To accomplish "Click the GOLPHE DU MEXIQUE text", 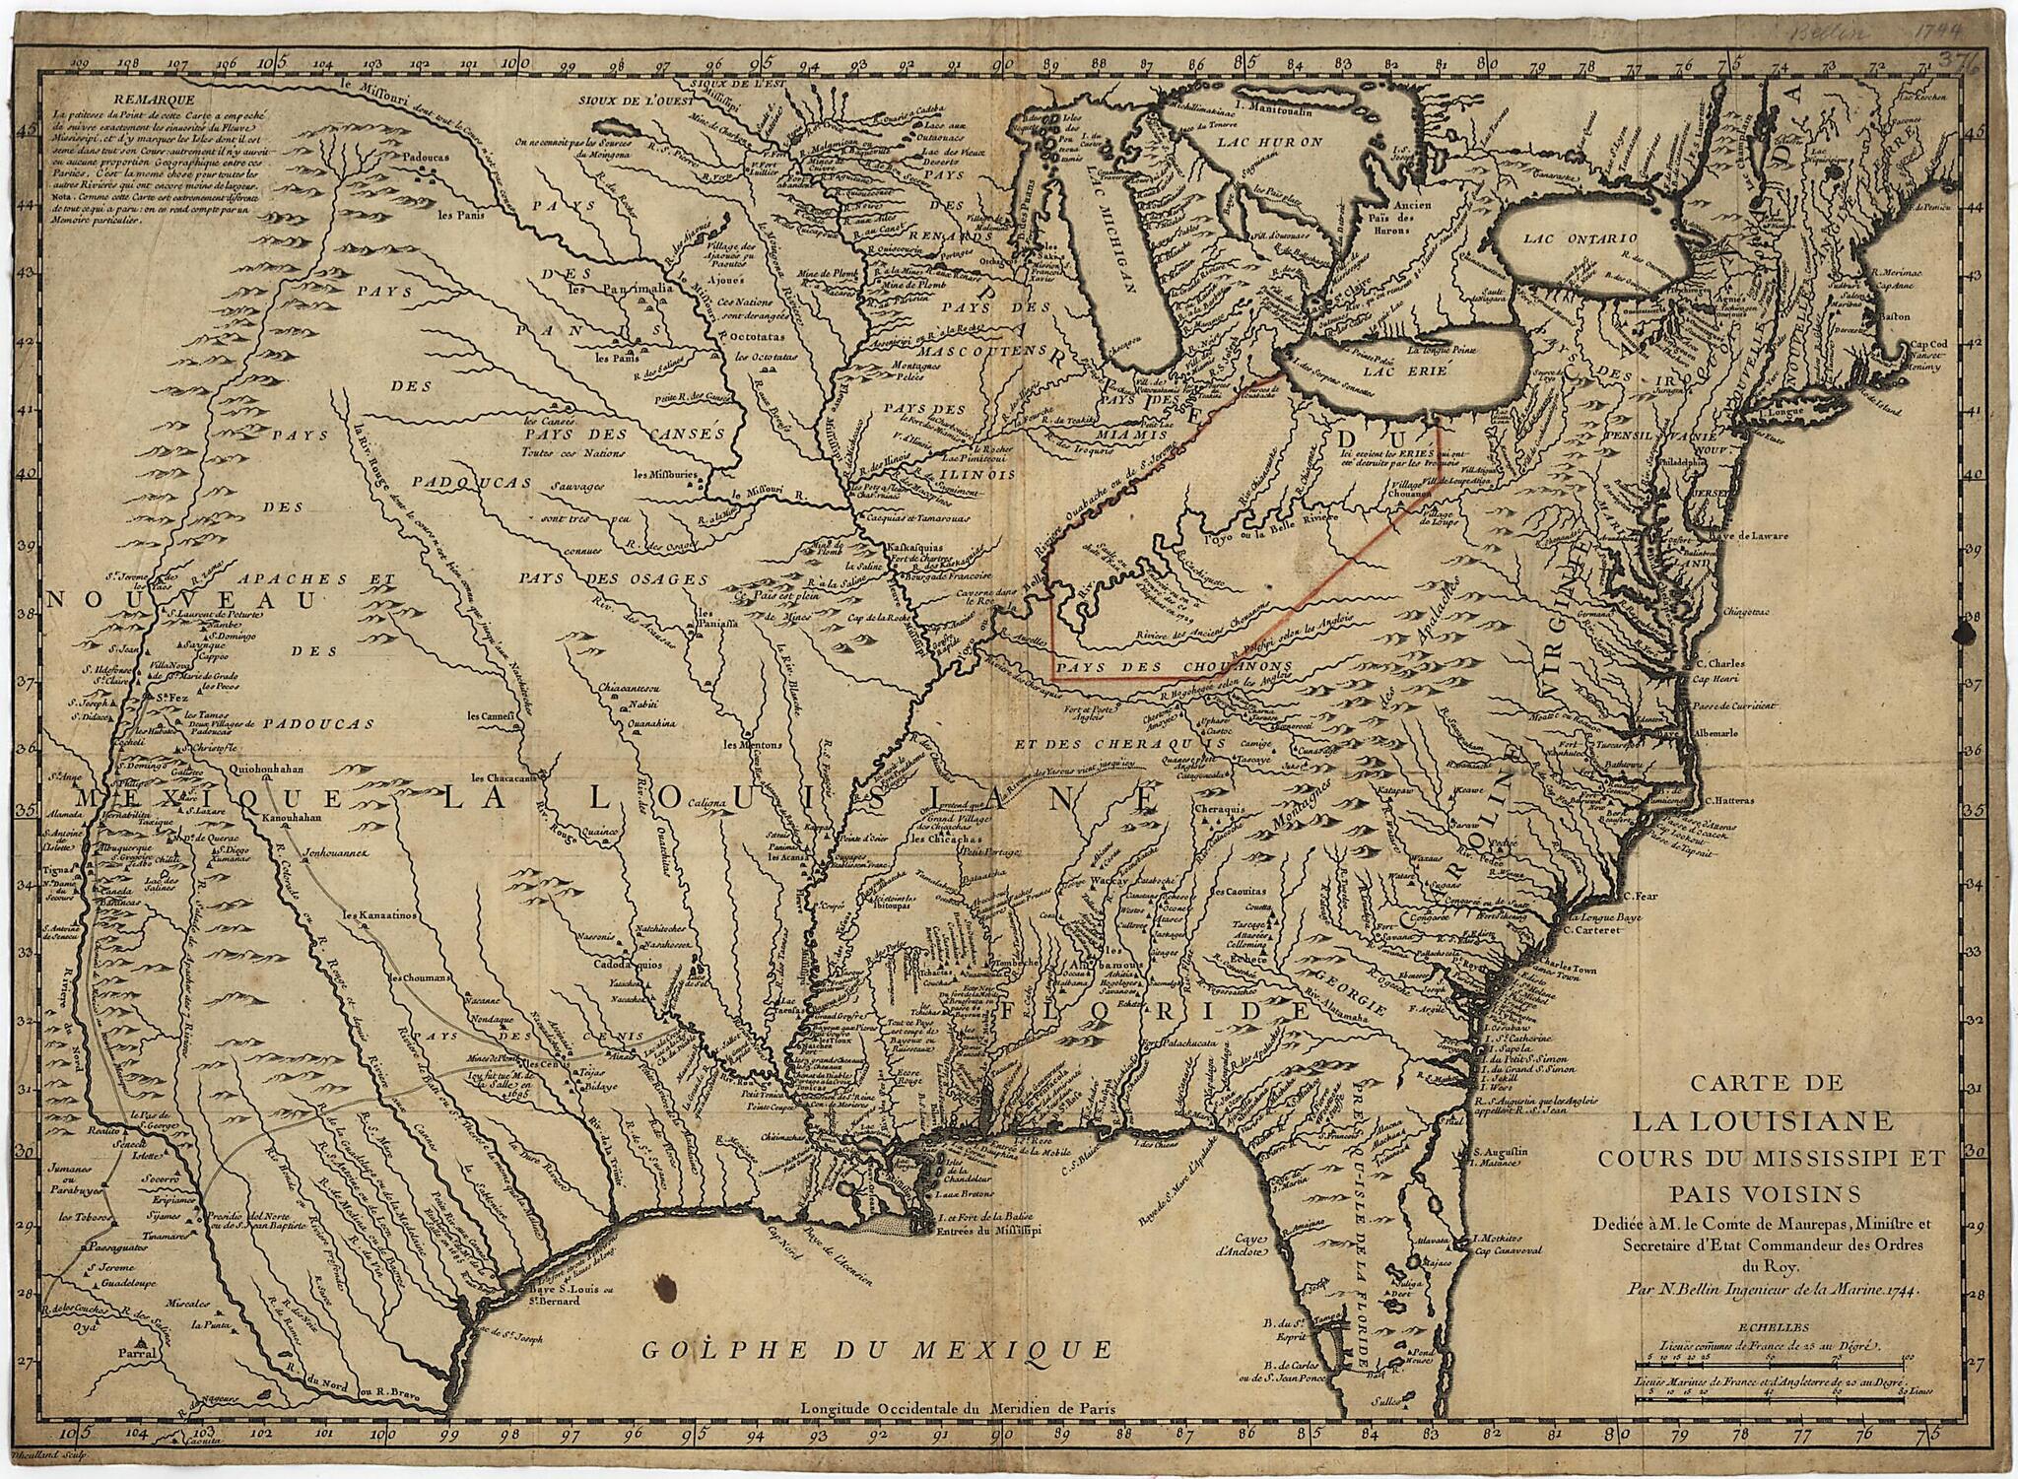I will [x=877, y=1349].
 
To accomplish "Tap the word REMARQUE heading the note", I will [x=153, y=98].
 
